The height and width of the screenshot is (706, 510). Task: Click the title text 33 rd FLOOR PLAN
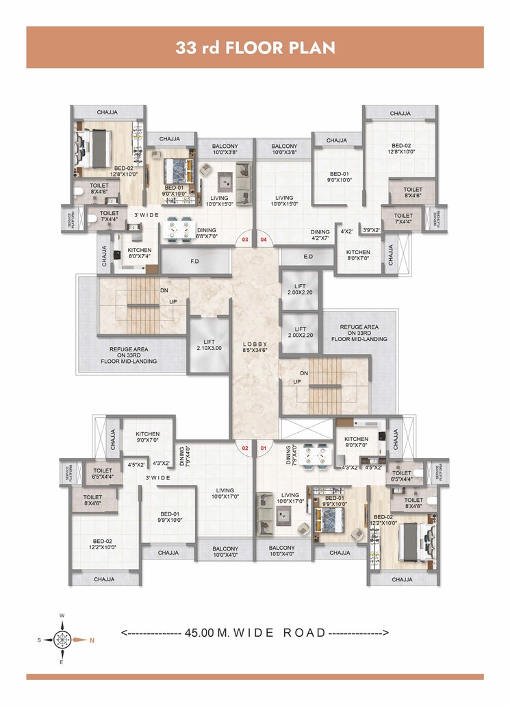[255, 48]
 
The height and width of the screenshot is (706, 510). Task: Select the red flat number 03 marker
[244, 241]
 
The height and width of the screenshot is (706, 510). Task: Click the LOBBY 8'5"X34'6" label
[255, 346]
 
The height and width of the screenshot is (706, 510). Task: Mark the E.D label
[307, 257]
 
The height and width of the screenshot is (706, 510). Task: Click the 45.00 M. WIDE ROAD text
[255, 633]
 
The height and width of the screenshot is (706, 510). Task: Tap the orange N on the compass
[92, 640]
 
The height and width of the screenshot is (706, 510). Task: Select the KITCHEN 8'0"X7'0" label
[358, 255]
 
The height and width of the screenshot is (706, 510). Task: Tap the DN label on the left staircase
[164, 290]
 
